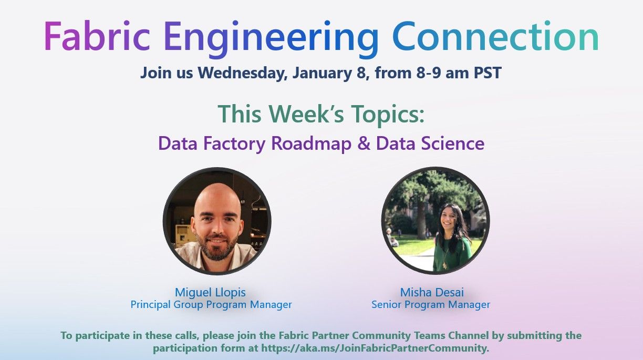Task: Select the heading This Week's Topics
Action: coord(321,114)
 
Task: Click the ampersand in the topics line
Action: coord(364,143)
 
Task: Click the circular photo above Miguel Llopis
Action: coord(217,221)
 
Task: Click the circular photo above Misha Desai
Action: coord(435,221)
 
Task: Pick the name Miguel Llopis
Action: coord(210,292)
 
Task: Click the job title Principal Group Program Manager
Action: coord(211,304)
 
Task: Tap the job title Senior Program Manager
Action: coord(431,304)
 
